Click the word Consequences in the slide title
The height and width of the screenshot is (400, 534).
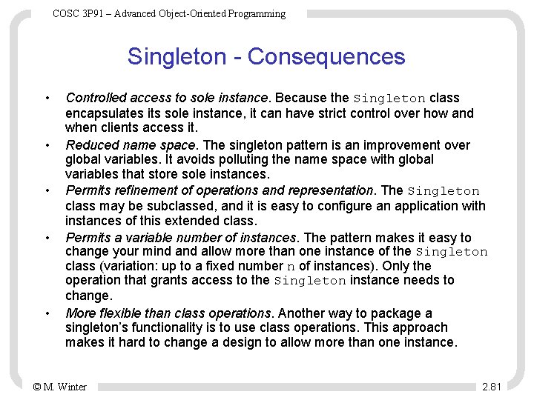(326, 57)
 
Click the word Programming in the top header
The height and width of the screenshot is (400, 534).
(259, 13)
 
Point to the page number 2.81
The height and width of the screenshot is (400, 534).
(492, 387)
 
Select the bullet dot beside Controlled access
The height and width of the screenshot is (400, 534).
(47, 99)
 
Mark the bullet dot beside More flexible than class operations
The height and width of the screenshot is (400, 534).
(47, 314)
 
